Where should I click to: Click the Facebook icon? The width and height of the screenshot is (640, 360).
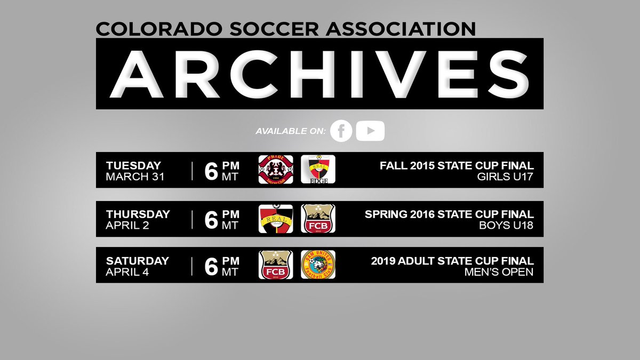coord(341,131)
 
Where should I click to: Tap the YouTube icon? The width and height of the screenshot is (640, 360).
coord(370,131)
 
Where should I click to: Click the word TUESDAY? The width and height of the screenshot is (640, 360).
coord(133,165)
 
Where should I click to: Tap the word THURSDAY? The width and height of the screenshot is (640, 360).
coord(138,214)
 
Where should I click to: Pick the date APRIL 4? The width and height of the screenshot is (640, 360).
coord(128,271)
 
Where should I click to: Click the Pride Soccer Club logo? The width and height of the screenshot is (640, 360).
coord(276,170)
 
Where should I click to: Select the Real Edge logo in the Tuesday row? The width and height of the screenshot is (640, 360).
coord(318,170)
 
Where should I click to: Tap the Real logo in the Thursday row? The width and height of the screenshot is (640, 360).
coord(276,219)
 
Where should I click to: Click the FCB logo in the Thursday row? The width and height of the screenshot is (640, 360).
coord(318,219)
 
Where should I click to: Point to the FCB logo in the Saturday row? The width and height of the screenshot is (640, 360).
coord(276,265)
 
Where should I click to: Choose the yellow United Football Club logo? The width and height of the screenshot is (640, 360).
coord(318,265)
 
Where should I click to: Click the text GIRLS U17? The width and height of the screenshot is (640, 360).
coord(507,177)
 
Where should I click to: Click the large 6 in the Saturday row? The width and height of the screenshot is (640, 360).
coord(211,266)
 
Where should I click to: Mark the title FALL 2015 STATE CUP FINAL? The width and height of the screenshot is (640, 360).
coord(457,165)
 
